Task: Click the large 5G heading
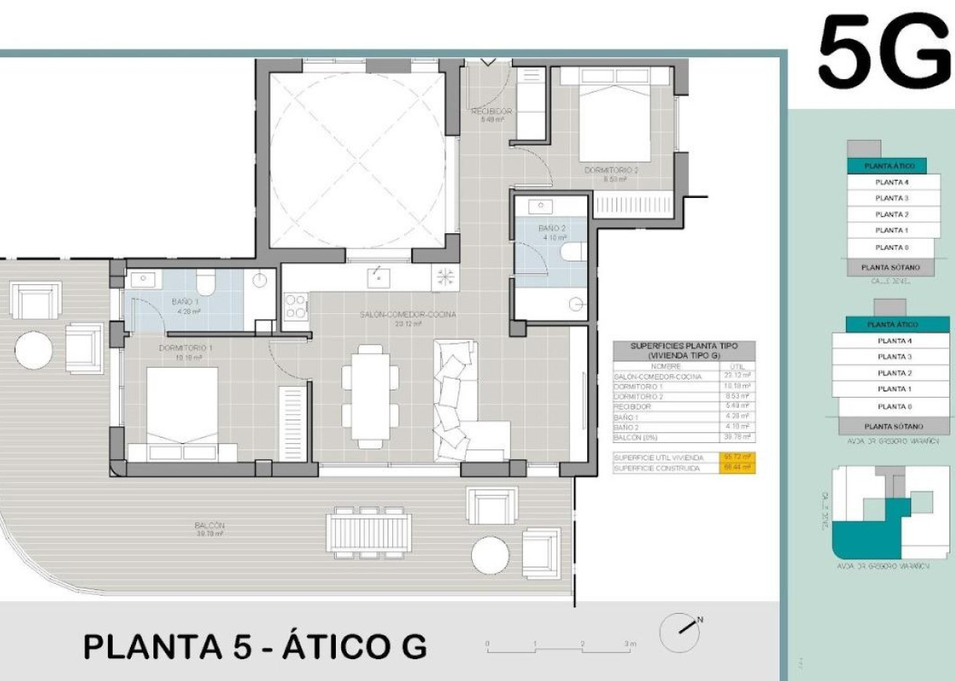tap(885, 53)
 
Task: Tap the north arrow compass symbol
tap(678, 632)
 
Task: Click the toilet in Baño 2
tap(575, 251)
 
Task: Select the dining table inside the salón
tap(370, 395)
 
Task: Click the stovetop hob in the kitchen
tap(297, 306)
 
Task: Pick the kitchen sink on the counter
tap(379, 276)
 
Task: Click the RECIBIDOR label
tap(492, 112)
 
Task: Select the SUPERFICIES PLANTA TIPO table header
tap(683, 349)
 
